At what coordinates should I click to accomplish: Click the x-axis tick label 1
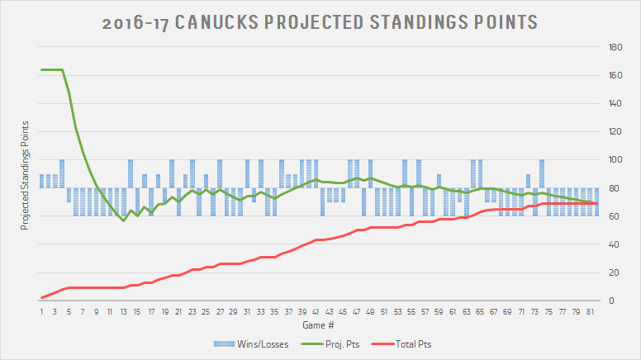[x=41, y=313]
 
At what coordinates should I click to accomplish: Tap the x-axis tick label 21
[x=178, y=313]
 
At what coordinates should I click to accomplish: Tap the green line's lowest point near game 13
[x=123, y=220]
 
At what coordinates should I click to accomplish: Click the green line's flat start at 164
[x=51, y=70]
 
